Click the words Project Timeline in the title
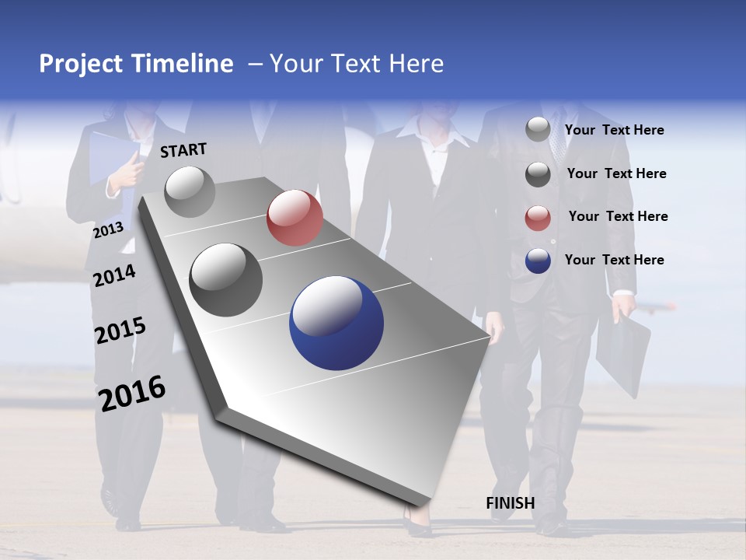(136, 64)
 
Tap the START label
(183, 150)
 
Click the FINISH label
(511, 503)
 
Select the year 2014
(114, 275)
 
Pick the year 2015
(120, 331)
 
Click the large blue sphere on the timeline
(336, 322)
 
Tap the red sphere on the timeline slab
(295, 218)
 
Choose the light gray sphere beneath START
(190, 192)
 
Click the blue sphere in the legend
(538, 261)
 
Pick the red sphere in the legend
(538, 218)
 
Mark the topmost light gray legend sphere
(538, 129)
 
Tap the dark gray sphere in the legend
(538, 174)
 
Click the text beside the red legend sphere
(618, 216)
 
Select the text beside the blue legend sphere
(615, 260)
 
